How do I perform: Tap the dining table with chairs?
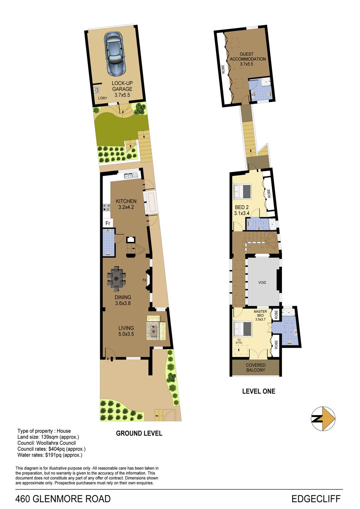116,279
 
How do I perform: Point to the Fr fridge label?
108,223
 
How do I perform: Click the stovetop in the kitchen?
107,207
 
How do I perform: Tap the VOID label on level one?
262,283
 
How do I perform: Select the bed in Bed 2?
242,192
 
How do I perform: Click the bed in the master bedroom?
243,329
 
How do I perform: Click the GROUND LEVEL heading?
139,433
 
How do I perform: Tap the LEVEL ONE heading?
259,391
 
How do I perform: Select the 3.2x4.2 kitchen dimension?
126,207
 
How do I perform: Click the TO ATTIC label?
239,341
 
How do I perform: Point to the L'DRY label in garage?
103,98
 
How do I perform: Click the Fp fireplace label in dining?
144,280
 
